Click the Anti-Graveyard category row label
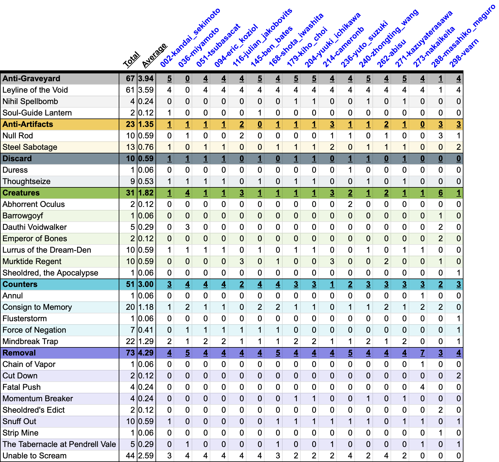tap(31, 79)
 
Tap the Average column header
tap(154, 56)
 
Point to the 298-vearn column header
tap(464, 53)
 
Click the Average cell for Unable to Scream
tap(146, 456)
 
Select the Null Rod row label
tap(18, 136)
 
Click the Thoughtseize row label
tap(27, 181)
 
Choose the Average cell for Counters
tap(146, 284)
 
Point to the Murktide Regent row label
tap(32, 261)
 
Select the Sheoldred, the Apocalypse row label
tap(50, 273)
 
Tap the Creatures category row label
tap(21, 193)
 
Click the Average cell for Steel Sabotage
tap(146, 147)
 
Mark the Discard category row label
tap(17, 159)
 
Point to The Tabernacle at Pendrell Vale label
tap(59, 444)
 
